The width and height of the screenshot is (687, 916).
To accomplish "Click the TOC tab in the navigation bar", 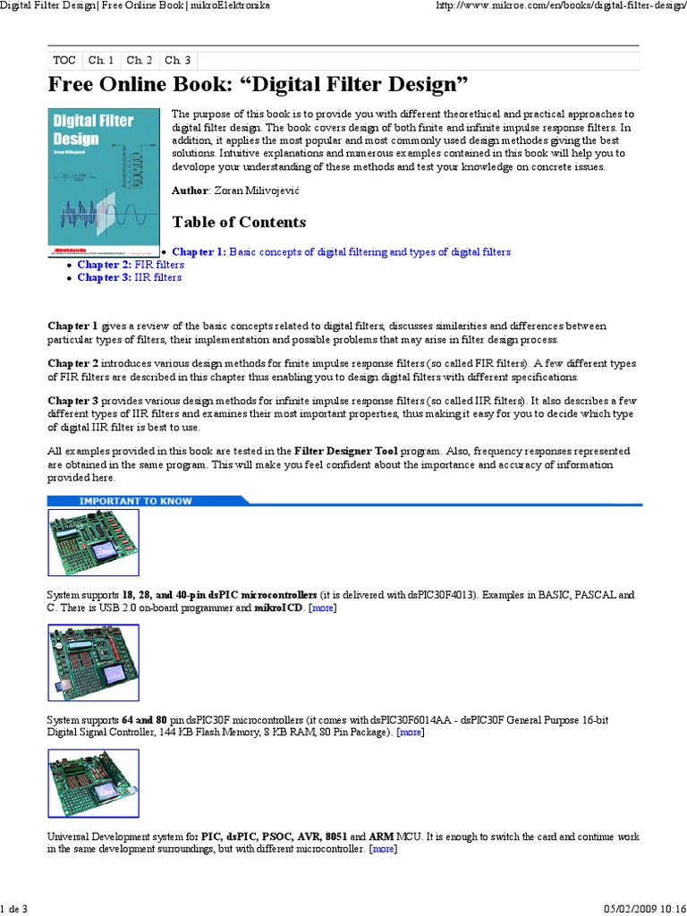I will pos(64,60).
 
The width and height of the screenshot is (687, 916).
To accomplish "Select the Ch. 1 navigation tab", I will pos(101,60).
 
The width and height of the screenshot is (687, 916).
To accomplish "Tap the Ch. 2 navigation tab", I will pos(140,60).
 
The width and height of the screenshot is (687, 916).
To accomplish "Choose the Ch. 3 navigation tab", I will pos(178,60).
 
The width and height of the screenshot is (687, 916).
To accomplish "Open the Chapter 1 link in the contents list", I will pos(341,252).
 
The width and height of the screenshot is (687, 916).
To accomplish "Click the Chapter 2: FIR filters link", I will pos(131,265).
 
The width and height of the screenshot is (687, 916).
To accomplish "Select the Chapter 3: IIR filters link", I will pos(129,277).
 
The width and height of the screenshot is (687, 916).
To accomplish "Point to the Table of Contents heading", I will pos(239,222).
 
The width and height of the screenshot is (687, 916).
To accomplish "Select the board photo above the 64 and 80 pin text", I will pos(93,663).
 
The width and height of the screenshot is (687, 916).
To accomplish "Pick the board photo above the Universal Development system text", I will pos(93,785).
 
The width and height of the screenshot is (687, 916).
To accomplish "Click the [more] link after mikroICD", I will pos(323,607).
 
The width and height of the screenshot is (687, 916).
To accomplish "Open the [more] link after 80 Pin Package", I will pos(411,732).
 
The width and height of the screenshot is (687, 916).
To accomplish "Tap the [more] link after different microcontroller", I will pos(384,848).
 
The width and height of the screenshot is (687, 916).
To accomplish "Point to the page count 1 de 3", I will pos(14,909).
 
